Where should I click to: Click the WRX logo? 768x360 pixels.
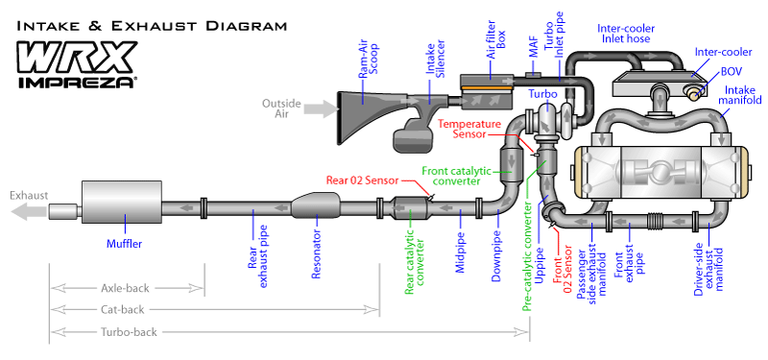tap(78, 58)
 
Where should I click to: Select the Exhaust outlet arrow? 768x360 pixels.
tap(29, 211)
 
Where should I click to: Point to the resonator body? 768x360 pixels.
tap(316, 205)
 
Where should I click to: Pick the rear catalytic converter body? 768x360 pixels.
tap(411, 208)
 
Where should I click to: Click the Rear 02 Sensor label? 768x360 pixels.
tap(363, 180)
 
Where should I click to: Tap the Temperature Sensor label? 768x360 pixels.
tap(469, 130)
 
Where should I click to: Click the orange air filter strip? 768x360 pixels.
tap(487, 88)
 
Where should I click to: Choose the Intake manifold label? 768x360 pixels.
tap(743, 95)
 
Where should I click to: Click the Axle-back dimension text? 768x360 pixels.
tap(125, 288)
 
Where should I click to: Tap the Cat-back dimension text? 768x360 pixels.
tap(123, 309)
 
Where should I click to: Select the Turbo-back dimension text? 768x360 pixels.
tap(129, 332)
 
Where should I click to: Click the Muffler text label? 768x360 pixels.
tap(125, 243)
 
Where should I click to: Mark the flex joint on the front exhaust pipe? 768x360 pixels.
tap(658, 222)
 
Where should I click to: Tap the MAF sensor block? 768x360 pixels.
tap(534, 75)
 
